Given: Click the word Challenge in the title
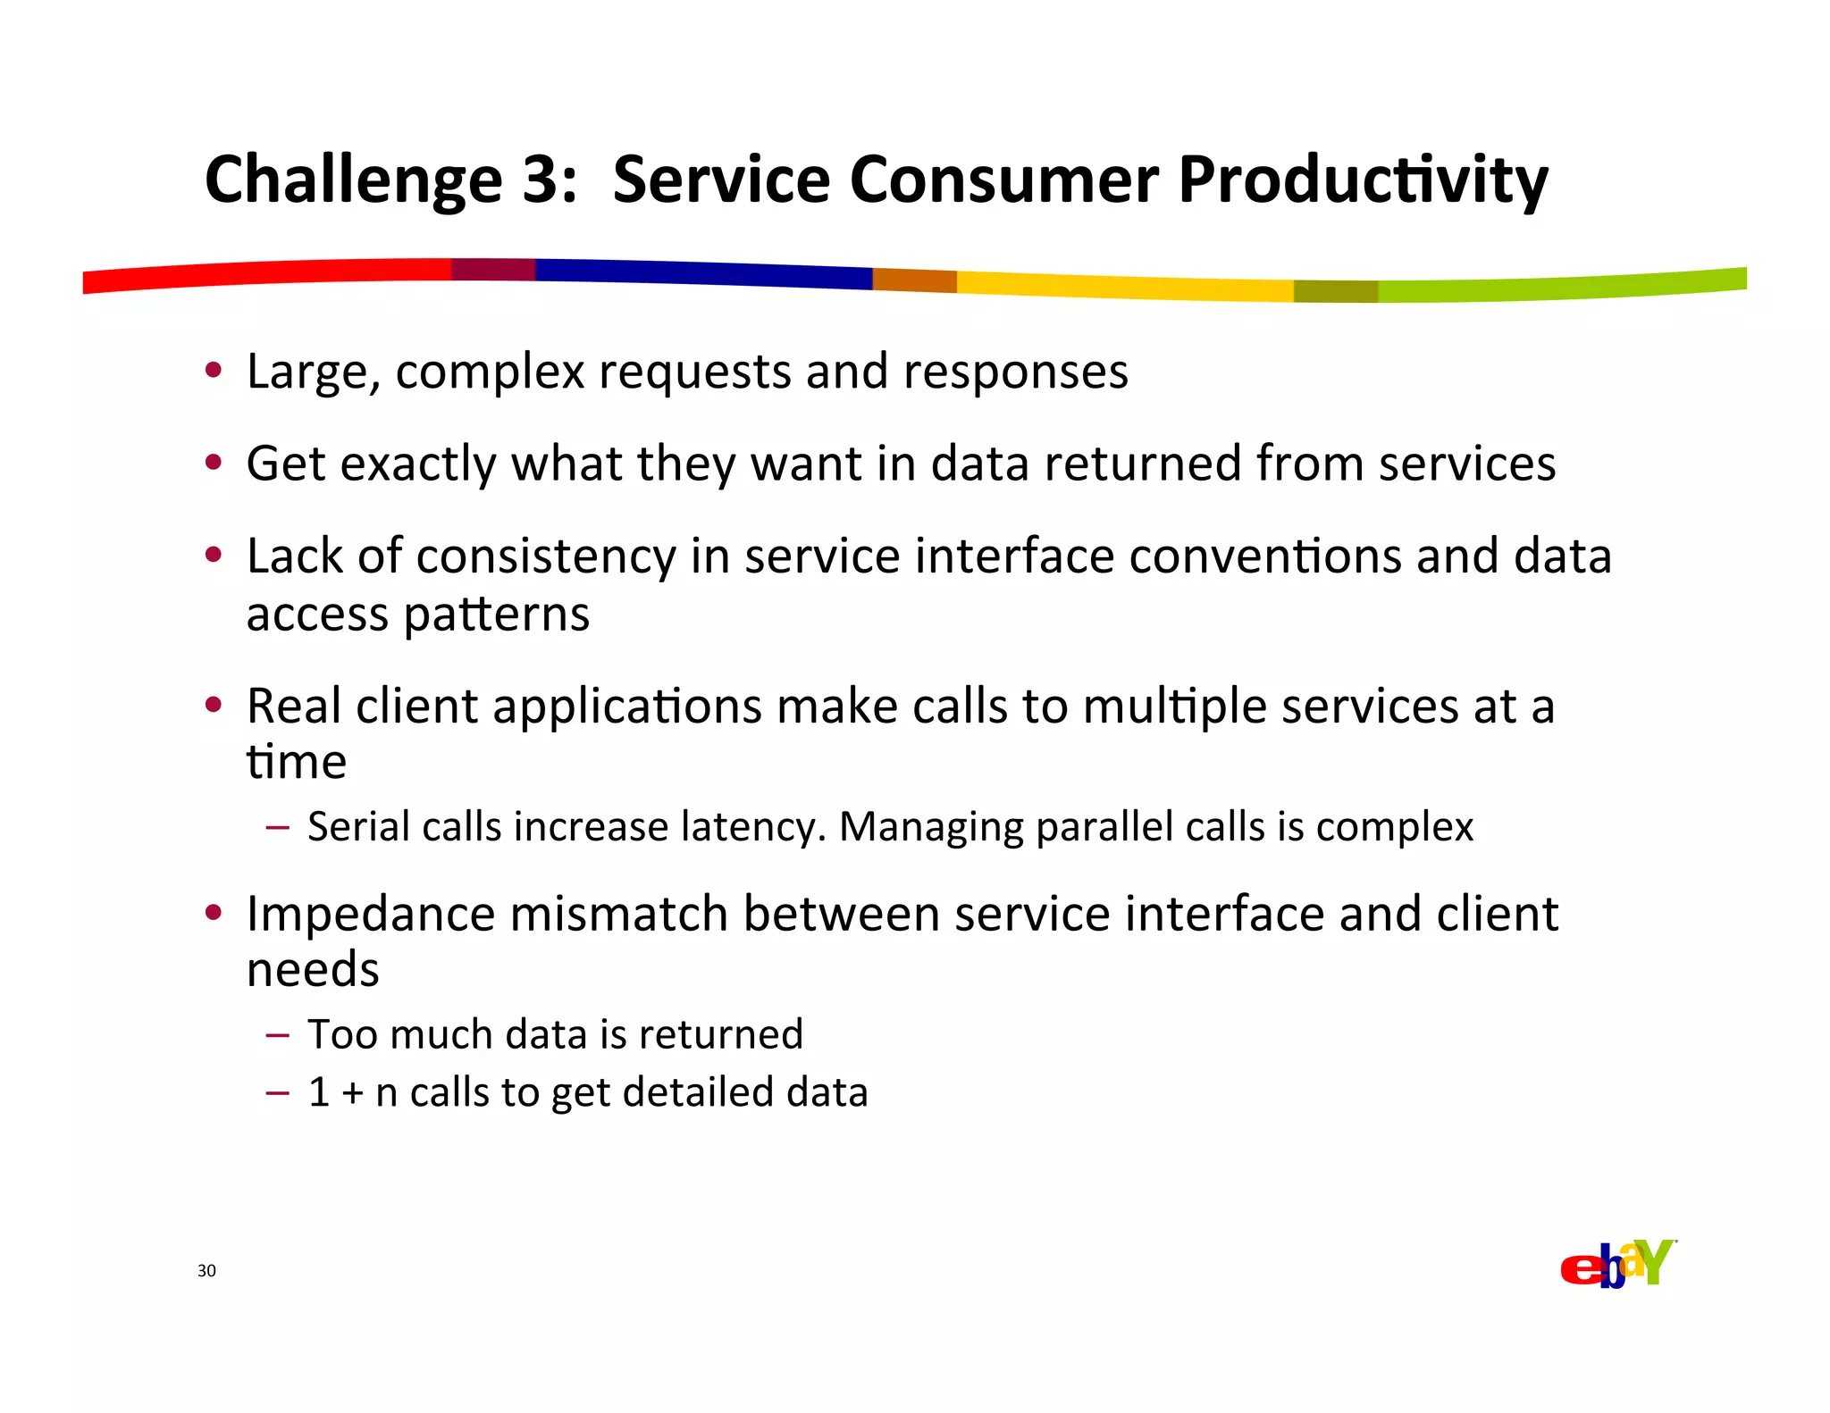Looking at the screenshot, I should coord(354,180).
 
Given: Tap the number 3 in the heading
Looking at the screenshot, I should coord(541,179).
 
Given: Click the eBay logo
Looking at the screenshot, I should coord(1617,1264).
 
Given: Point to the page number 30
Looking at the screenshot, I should coord(206,1271).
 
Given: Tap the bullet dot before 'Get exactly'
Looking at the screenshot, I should coord(213,463).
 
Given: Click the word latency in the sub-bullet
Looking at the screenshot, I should coord(752,827).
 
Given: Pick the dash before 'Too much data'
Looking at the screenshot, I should coord(277,1035).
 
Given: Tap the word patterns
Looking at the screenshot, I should coord(496,615).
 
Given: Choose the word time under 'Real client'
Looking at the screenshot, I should coord(296,763).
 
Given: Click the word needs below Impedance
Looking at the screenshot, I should coord(313,971).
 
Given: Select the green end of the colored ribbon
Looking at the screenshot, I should coord(1564,286).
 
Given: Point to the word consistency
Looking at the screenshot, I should coord(546,556).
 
